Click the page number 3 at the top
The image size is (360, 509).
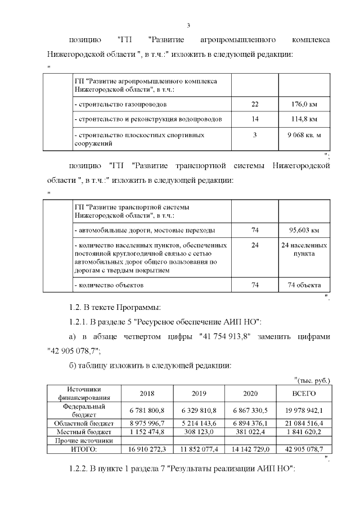click(x=188, y=25)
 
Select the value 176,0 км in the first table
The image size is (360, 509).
click(x=304, y=104)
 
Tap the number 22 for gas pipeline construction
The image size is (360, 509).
click(x=255, y=104)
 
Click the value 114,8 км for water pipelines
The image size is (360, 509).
click(x=304, y=119)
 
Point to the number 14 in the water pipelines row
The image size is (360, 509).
click(x=255, y=119)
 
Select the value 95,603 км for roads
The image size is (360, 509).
click(x=304, y=230)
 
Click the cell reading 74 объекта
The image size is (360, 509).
click(x=304, y=285)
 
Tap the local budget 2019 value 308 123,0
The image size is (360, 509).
click(x=200, y=432)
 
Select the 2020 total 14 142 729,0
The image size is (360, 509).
click(x=250, y=449)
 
